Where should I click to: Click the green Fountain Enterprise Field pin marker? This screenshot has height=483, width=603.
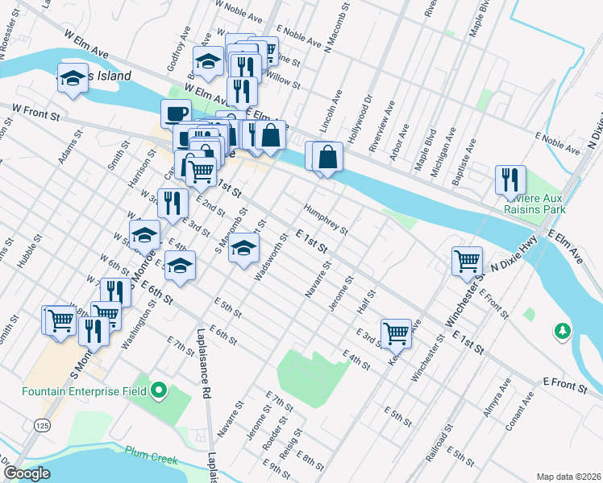click(159, 392)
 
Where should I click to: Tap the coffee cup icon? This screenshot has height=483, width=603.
click(176, 114)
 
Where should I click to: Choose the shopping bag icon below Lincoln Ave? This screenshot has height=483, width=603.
click(329, 156)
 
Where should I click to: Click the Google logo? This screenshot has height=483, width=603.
click(26, 473)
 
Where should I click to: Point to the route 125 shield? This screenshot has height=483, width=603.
click(40, 423)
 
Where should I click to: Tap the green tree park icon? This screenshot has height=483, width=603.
click(562, 331)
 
